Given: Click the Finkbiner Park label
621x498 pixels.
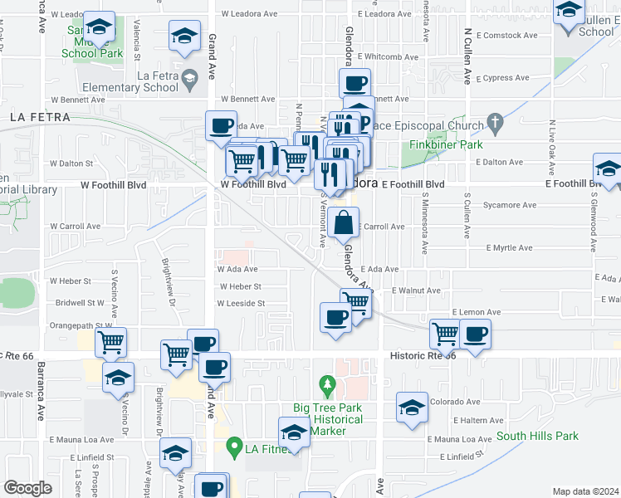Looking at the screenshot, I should [x=446, y=144].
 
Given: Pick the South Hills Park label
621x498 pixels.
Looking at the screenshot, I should [x=536, y=436].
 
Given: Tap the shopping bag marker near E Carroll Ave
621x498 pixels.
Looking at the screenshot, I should [x=344, y=223].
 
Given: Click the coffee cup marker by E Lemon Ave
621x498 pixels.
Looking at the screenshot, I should [x=475, y=335].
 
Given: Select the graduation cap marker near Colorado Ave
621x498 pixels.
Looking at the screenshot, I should [x=412, y=408].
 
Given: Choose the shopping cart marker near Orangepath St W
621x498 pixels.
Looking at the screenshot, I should [x=110, y=341].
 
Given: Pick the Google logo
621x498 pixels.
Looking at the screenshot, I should [x=27, y=487].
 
